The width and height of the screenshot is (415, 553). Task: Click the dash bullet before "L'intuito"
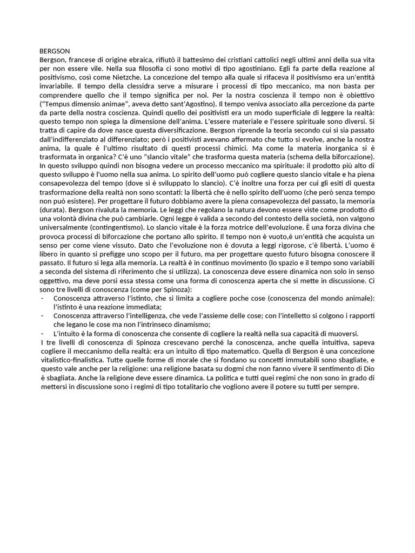coord(43,335)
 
